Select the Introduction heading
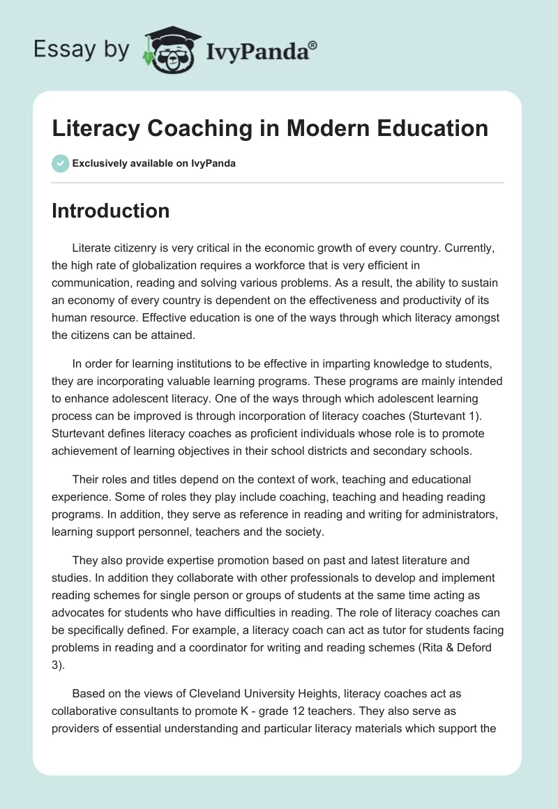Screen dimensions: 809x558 pyautogui.click(x=110, y=211)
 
